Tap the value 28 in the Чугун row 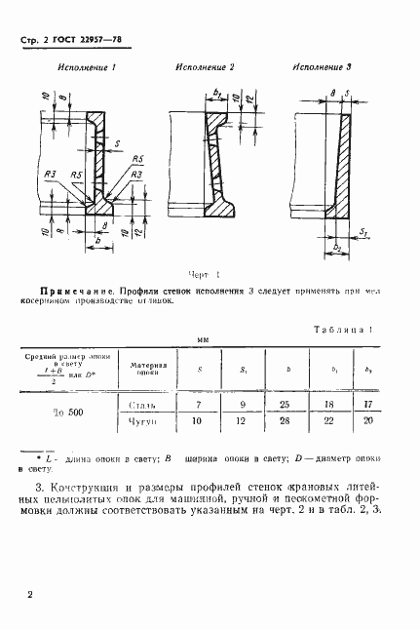pos(283,421)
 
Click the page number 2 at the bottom pos(31,593)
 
